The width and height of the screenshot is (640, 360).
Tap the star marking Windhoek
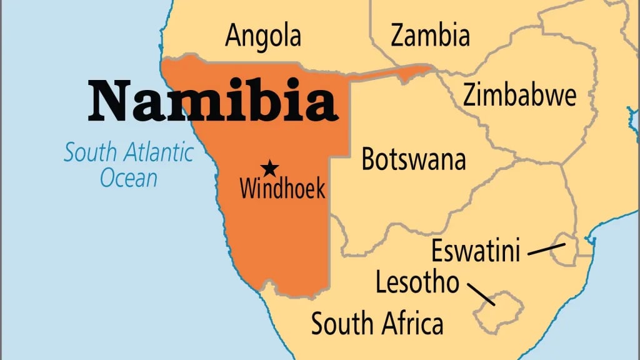(270, 167)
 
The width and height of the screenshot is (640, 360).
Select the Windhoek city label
(282, 187)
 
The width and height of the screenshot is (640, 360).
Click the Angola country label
(262, 36)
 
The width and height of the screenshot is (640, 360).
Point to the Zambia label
(430, 36)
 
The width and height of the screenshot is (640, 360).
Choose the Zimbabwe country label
(519, 96)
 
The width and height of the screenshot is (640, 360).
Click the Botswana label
(414, 160)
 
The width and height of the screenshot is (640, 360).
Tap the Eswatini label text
(476, 251)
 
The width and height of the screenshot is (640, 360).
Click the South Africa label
(377, 324)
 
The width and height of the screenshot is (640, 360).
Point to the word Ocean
(129, 179)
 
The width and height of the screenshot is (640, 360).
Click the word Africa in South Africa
(412, 324)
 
